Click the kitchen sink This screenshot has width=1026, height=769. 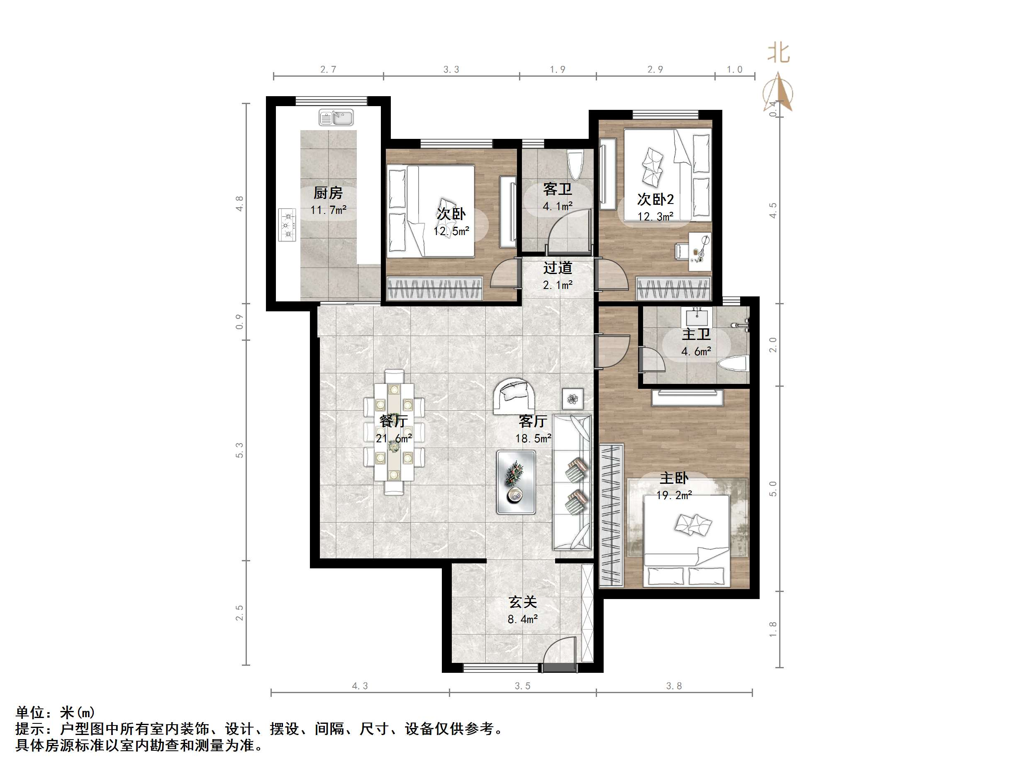pos(336,117)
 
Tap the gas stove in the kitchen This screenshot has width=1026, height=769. pos(288,225)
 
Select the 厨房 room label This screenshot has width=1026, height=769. pos(328,192)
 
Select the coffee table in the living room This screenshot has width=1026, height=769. pos(516,482)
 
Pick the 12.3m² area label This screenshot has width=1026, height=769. pos(655,216)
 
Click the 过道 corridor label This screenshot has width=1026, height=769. pos(558,268)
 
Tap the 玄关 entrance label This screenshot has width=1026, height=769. pos(523,602)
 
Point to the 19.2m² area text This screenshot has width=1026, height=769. pos(674,495)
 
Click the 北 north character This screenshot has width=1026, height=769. pos(778,53)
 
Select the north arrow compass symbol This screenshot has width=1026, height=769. pos(778,93)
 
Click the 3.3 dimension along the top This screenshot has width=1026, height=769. pos(451,70)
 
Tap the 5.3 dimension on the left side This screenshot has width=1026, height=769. pos(239,450)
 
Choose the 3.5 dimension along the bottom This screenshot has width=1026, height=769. pos(522,686)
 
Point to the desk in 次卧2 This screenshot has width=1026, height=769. pos(699,251)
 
